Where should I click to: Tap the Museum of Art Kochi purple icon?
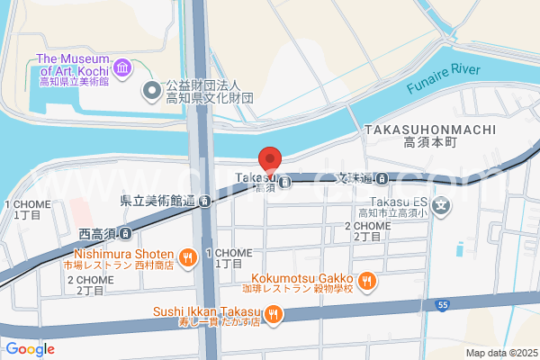(123, 67)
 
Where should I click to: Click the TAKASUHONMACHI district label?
(430, 130)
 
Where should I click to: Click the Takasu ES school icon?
(441, 207)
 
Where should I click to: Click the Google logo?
(30, 349)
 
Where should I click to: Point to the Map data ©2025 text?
(500, 353)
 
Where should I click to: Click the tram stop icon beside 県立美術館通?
(206, 201)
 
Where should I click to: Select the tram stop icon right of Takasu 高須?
(284, 183)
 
